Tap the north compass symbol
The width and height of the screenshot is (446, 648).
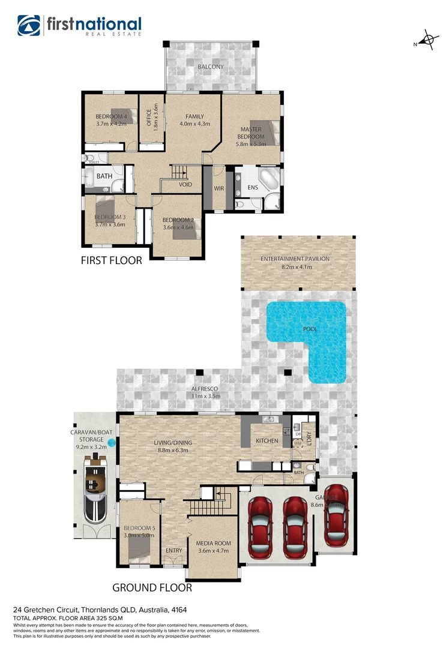[x=427, y=41]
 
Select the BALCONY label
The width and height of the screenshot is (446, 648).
[x=211, y=67]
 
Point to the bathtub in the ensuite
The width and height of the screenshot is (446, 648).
[x=267, y=178]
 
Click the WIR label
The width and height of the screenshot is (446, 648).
[x=219, y=188]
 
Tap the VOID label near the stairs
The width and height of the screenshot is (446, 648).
[x=185, y=184]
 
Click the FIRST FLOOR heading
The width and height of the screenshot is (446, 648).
[x=112, y=260]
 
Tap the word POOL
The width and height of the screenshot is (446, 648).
[x=310, y=329]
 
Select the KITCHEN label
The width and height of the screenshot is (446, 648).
[x=267, y=441]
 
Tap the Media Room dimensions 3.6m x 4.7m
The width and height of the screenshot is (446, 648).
[x=214, y=551]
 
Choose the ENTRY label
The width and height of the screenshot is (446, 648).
[x=173, y=550]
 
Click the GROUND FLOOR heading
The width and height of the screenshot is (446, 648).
[x=152, y=587]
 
